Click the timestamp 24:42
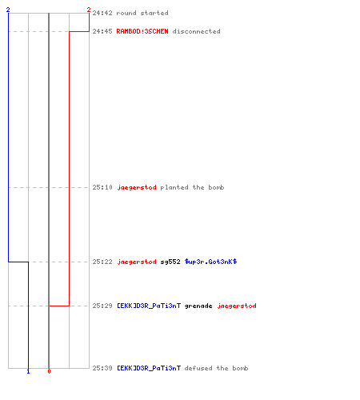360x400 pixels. (102, 13)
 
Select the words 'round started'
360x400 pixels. (142, 13)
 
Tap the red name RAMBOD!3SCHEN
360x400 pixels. (142, 31)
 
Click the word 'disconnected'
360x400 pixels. (197, 31)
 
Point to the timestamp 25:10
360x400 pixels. (102, 187)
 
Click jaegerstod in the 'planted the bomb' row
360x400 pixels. (137, 187)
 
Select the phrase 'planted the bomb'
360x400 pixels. (192, 187)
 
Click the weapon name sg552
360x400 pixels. (170, 262)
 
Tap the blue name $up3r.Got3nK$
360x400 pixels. (210, 262)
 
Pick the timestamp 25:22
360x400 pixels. (102, 262)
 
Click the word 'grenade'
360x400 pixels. (198, 306)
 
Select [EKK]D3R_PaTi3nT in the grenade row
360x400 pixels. (149, 306)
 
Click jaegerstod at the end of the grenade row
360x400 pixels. (237, 306)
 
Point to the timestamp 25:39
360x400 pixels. (102, 368)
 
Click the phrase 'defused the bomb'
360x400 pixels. (216, 368)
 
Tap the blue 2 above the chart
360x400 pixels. (8, 10)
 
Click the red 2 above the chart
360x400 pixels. (89, 10)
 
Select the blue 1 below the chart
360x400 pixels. (28, 371)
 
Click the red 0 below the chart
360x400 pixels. (49, 371)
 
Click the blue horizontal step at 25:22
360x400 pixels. (18, 262)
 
